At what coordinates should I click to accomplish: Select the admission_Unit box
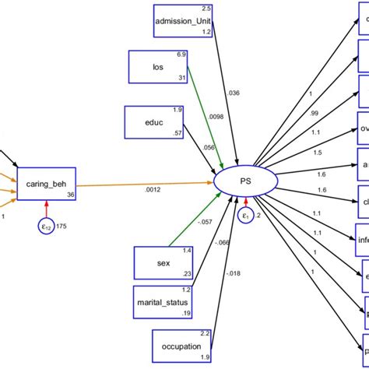[x=183, y=20]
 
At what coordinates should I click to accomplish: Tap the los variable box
[x=157, y=66]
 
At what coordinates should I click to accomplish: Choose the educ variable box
[x=154, y=122]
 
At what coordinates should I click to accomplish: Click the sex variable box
[x=163, y=262]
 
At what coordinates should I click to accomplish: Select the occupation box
[x=182, y=346]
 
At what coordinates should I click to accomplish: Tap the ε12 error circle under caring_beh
[x=46, y=227]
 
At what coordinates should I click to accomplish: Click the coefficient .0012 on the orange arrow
[x=153, y=191]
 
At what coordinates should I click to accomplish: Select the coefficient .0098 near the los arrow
[x=215, y=118]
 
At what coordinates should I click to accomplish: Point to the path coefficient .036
[x=234, y=93]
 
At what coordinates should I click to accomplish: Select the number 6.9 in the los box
[x=181, y=54]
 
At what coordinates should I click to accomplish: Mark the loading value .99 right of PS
[x=314, y=114]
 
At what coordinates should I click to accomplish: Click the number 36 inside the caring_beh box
[x=71, y=195]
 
